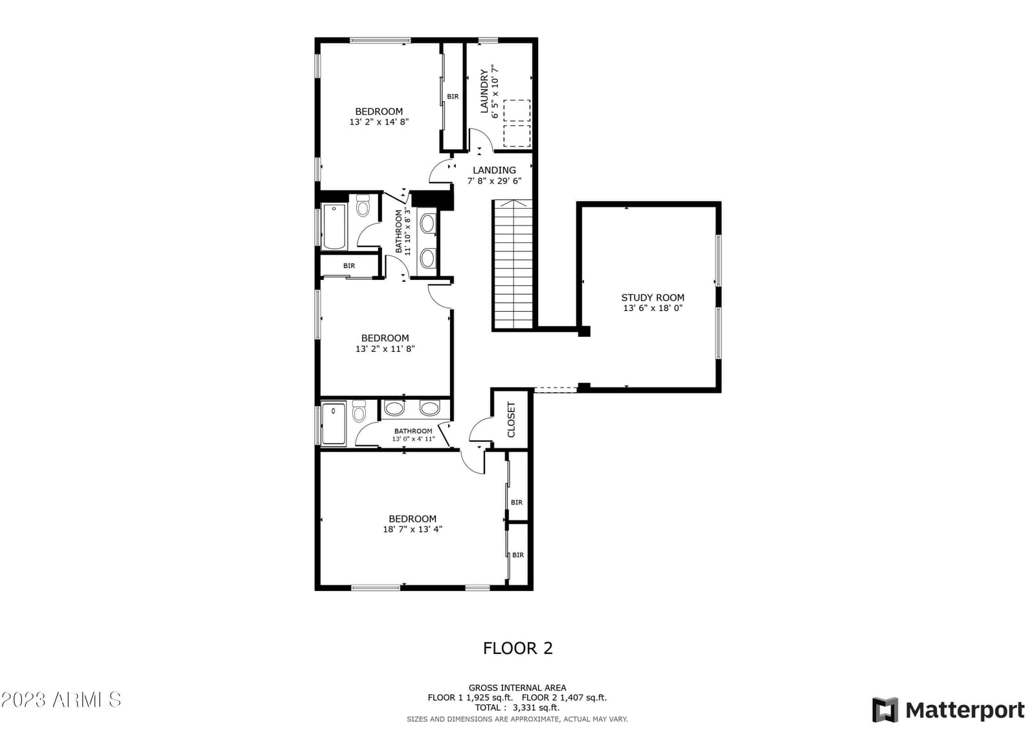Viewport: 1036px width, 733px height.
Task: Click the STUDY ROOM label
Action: pyautogui.click(x=653, y=297)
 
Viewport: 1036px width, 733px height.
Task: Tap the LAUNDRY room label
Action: pyautogui.click(x=484, y=91)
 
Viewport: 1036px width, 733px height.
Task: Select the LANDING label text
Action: pyautogui.click(x=494, y=170)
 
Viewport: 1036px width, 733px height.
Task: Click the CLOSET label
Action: pyautogui.click(x=511, y=419)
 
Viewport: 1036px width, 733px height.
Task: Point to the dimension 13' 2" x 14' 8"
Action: pyautogui.click(x=379, y=122)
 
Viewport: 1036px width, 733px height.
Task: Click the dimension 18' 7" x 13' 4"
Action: pyautogui.click(x=412, y=529)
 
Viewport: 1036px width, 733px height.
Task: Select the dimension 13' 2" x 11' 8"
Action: pyautogui.click(x=385, y=349)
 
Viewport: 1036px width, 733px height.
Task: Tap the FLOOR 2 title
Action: pyautogui.click(x=517, y=648)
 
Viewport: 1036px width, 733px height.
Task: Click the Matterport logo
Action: pyautogui.click(x=948, y=710)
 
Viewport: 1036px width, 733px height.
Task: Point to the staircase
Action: pyautogui.click(x=513, y=264)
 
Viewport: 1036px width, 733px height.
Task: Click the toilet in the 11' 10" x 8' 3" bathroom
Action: pyautogui.click(x=363, y=206)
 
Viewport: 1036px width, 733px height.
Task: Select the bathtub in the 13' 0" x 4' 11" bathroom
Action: pyautogui.click(x=333, y=424)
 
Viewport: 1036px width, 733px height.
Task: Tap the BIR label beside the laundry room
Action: pyautogui.click(x=453, y=97)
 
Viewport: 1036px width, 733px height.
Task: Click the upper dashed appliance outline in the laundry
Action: pyautogui.click(x=517, y=111)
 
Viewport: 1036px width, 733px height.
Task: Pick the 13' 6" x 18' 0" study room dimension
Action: pyautogui.click(x=653, y=308)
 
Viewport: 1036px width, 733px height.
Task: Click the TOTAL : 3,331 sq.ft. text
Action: pyautogui.click(x=517, y=708)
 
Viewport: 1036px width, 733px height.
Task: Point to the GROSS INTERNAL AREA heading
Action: pyautogui.click(x=517, y=688)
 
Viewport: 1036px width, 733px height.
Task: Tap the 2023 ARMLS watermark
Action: pyautogui.click(x=61, y=700)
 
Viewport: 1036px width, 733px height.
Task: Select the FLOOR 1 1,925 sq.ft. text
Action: pyautogui.click(x=470, y=698)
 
